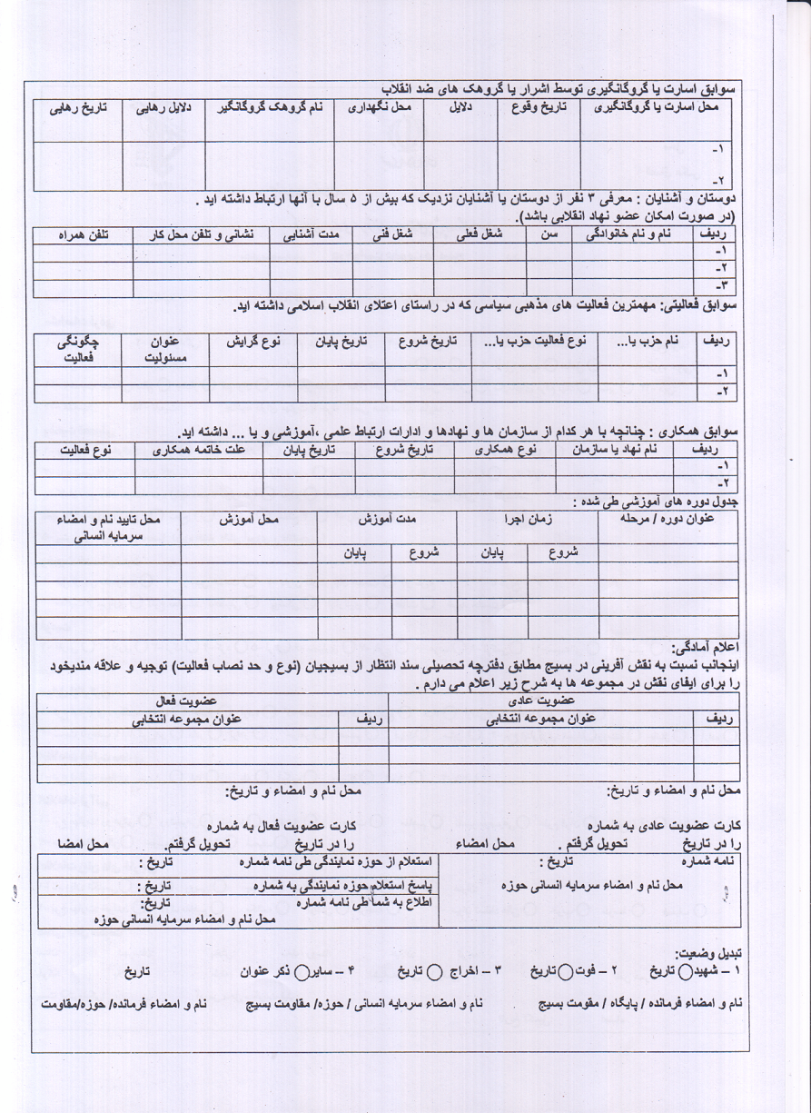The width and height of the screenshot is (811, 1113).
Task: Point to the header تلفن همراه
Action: pyautogui.click(x=83, y=234)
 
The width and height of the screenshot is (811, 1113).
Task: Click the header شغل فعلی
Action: pyautogui.click(x=480, y=234)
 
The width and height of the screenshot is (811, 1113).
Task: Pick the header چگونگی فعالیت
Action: pyautogui.click(x=78, y=350)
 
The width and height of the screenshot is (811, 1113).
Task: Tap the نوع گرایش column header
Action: pyautogui.click(x=253, y=343)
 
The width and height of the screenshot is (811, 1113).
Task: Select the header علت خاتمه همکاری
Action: pyautogui.click(x=198, y=449)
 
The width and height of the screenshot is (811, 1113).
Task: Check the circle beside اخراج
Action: pyautogui.click(x=434, y=970)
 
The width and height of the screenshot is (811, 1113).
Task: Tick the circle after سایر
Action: pyautogui.click(x=304, y=970)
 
